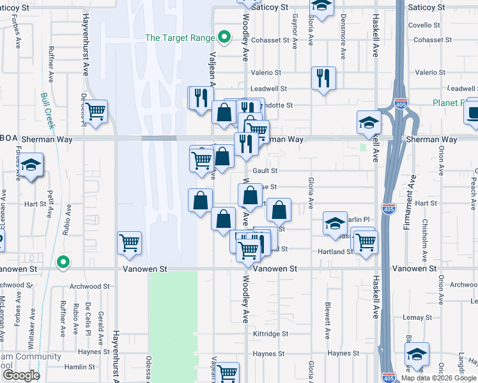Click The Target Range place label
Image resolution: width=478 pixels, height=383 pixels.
(x=180, y=38)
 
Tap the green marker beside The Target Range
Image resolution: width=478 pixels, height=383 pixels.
(x=224, y=38)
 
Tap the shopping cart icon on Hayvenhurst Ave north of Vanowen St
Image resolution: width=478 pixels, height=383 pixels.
(x=130, y=243)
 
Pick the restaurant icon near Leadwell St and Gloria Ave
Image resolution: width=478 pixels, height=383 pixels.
(x=323, y=78)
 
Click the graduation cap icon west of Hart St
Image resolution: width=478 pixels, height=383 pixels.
(x=30, y=165)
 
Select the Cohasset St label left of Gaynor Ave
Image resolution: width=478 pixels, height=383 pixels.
(x=270, y=40)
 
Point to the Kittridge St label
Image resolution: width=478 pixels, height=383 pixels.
(x=271, y=334)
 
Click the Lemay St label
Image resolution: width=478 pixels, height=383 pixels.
(x=419, y=317)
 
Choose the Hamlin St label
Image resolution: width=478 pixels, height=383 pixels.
(x=79, y=367)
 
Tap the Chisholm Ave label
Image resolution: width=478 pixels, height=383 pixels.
(x=425, y=242)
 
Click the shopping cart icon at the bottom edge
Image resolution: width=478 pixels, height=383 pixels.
(x=227, y=372)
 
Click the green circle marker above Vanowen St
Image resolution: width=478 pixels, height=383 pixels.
(x=63, y=262)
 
